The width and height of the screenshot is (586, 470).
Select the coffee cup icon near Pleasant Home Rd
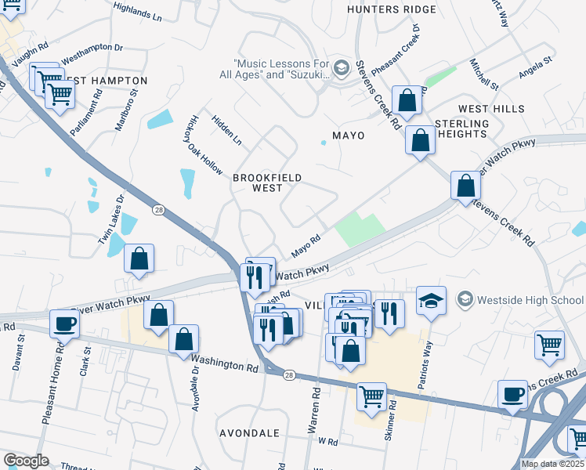tap(64, 323)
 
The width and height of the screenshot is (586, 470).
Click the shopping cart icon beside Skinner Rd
tap(371, 396)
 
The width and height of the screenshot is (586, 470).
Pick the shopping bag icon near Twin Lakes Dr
tap(139, 258)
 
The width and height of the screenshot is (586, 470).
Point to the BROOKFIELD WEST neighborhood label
tap(267, 183)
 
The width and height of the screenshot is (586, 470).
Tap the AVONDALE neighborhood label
tap(248, 433)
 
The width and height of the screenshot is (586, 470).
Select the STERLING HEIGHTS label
tap(461, 129)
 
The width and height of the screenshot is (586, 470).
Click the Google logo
tap(26, 461)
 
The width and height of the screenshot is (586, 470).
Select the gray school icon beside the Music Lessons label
tap(341, 67)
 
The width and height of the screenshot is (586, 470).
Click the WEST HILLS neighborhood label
tap(491, 109)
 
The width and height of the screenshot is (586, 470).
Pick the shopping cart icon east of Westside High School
tap(550, 344)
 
